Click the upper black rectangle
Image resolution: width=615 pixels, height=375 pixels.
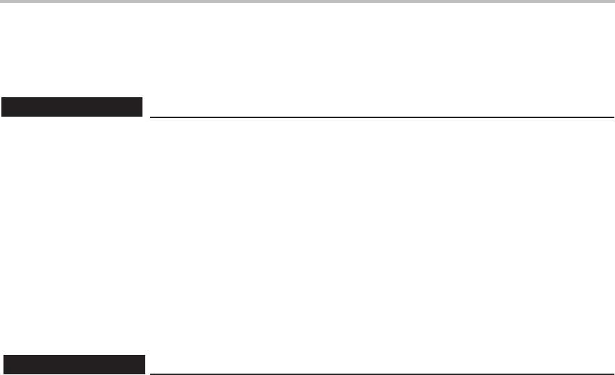(72, 108)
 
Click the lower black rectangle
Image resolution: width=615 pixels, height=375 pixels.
(74, 364)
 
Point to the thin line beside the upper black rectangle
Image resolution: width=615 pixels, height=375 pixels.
(382, 117)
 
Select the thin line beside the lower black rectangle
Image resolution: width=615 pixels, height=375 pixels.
(382, 374)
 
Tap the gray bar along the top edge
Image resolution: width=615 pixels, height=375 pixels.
(307, 1)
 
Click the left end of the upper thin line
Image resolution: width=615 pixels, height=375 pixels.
(151, 117)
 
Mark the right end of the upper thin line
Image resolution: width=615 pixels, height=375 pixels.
(614, 117)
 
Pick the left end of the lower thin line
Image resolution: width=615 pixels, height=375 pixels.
(151, 374)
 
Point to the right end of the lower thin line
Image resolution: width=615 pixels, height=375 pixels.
(614, 374)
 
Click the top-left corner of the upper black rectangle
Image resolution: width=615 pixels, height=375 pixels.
(1, 99)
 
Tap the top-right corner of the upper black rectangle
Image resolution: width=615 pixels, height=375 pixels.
(142, 99)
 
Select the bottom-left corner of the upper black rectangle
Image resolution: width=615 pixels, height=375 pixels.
(1, 117)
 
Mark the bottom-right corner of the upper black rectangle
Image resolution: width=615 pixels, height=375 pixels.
(142, 117)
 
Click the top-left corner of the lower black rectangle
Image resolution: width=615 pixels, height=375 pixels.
(4, 355)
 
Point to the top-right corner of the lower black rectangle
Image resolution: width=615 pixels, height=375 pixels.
(145, 355)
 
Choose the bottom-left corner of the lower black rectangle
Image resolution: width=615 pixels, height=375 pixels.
(4, 373)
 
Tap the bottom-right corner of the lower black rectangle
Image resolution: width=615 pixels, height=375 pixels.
(145, 373)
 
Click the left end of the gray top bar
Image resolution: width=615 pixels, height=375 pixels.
(1, 1)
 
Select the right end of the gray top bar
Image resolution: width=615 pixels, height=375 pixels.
(613, 1)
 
